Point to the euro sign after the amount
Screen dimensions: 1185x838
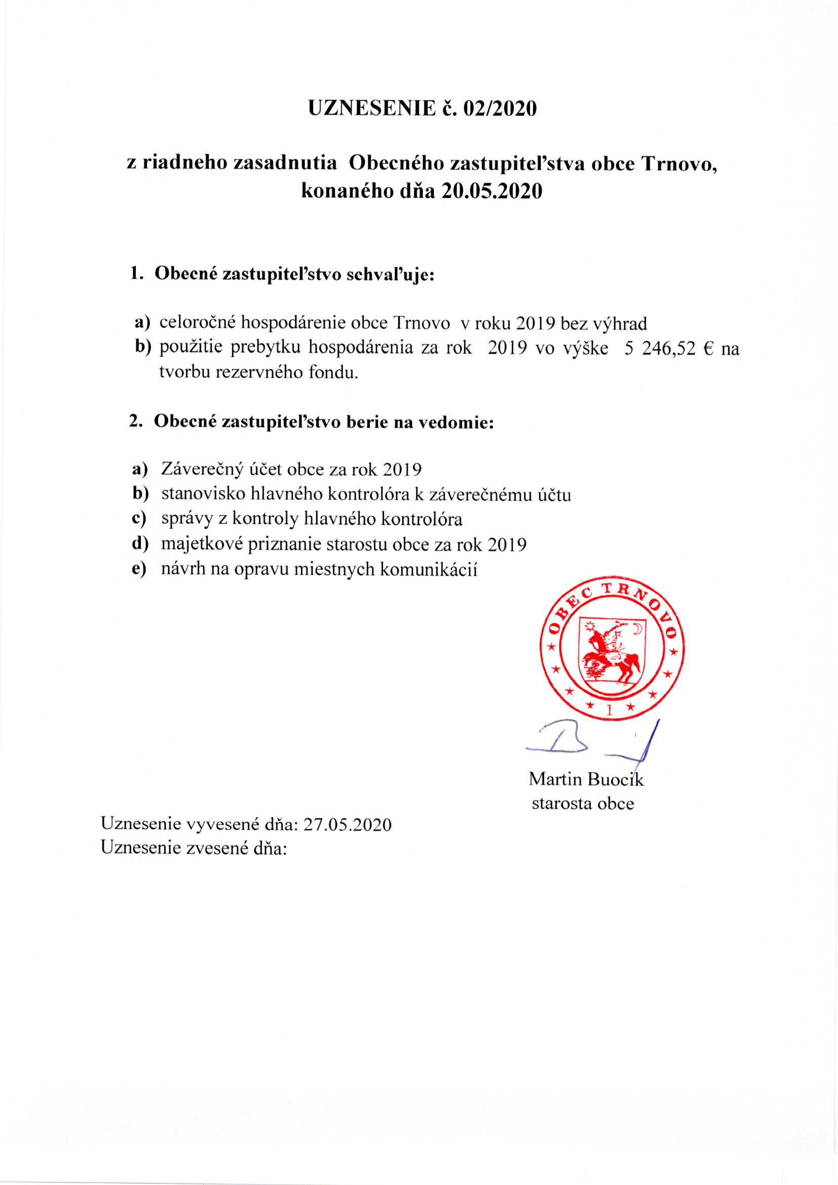point(708,349)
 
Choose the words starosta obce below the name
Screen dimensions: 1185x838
point(583,803)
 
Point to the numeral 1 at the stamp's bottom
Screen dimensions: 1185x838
point(611,711)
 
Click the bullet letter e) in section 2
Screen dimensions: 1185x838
point(139,570)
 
